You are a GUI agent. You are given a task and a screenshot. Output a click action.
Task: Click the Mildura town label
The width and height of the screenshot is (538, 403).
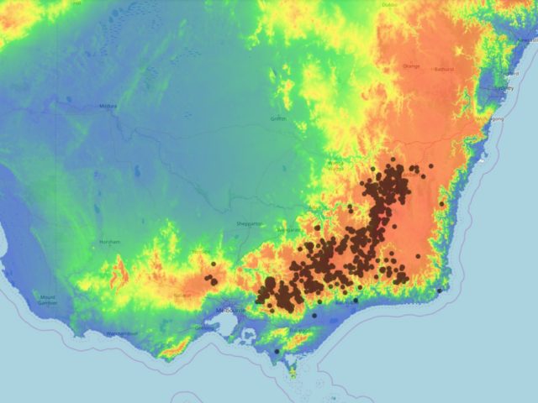[x=108, y=107]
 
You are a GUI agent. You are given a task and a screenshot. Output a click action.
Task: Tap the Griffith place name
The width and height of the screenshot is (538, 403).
[x=278, y=118]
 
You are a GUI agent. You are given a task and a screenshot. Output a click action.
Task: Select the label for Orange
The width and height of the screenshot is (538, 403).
[x=411, y=66]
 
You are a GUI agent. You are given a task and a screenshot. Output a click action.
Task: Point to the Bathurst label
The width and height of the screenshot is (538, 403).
[x=443, y=69]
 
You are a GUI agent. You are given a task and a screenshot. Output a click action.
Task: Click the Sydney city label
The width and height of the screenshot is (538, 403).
[x=504, y=87]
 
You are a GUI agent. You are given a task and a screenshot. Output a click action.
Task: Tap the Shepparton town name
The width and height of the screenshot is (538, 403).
[x=250, y=224]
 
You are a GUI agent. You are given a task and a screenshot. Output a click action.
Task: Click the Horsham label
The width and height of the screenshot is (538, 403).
[x=110, y=242]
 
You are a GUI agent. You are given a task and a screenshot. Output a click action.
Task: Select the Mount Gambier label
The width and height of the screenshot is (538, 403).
[x=47, y=299]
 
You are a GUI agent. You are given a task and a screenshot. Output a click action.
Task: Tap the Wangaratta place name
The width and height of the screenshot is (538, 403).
[x=290, y=229]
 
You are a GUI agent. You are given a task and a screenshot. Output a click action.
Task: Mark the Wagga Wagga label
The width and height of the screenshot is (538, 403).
[x=335, y=165]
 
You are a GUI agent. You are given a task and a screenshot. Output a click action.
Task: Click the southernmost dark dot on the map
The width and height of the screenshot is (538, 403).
[x=277, y=351]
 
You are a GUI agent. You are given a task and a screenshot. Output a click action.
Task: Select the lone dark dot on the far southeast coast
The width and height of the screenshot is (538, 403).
[x=439, y=290]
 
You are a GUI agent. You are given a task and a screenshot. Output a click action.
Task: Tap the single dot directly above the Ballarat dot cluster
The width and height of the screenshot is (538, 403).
[x=214, y=264]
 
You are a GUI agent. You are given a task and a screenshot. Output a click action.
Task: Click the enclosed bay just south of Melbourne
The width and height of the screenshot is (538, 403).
[x=225, y=328]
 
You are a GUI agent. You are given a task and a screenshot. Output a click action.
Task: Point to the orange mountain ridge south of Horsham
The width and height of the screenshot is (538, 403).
[x=119, y=270]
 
